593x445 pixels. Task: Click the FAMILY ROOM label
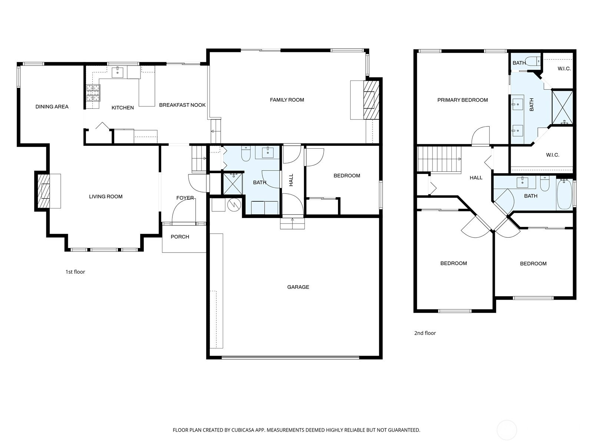tap(287, 100)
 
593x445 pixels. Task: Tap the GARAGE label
tap(298, 287)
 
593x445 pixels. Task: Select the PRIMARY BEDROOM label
tap(463, 100)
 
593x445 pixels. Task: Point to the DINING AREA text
tap(52, 107)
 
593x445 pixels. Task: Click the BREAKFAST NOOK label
tap(182, 105)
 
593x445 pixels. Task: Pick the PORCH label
tap(180, 237)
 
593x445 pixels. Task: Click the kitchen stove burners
tap(93, 93)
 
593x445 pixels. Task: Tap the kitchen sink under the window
tap(117, 72)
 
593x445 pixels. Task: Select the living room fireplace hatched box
tap(43, 191)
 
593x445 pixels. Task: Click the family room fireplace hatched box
tap(371, 100)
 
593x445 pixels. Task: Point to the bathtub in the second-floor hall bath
tap(564, 195)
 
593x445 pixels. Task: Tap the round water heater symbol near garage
tap(234, 205)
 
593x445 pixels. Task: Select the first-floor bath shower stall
tap(233, 184)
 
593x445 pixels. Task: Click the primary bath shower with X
tap(563, 108)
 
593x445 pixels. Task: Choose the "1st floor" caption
tap(75, 272)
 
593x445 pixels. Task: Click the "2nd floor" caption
tap(425, 333)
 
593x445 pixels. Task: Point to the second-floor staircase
tap(440, 159)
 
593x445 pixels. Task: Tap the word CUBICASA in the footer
tap(243, 430)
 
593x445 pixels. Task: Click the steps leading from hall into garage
tap(292, 224)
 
